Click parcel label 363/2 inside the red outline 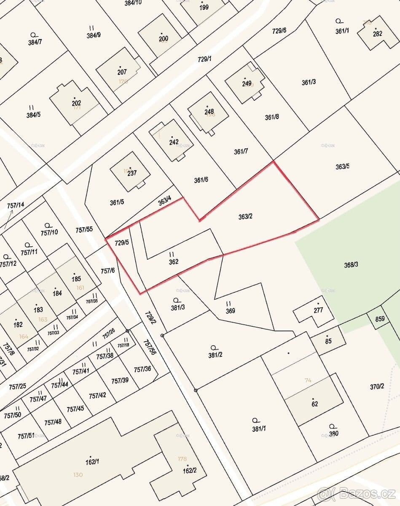point(245,217)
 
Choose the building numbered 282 point(377,33)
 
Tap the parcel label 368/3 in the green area point(351,265)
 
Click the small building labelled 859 point(380,319)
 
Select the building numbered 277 point(318,310)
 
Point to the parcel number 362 point(173,261)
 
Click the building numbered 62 point(314,403)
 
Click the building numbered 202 point(76,103)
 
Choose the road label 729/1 point(204,59)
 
